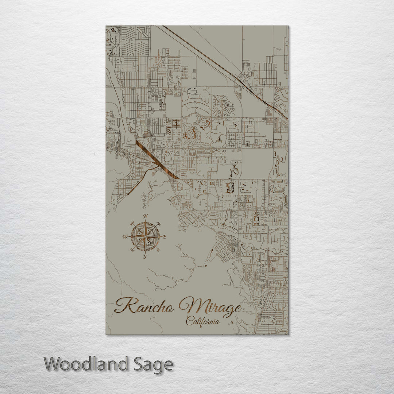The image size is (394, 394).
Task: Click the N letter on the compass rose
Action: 145,216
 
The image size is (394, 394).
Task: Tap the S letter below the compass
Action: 145,257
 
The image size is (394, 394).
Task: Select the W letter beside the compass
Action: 125,237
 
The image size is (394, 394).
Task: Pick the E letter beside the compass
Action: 165,237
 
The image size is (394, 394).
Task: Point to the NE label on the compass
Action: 158,224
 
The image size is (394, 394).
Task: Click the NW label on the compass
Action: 132,224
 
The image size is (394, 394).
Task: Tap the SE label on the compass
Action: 158,250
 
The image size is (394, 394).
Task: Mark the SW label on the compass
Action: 132,250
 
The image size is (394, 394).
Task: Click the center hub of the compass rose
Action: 145,237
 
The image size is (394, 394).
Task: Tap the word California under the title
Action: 202,321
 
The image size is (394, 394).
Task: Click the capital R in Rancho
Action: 123,305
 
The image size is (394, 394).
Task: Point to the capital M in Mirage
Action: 189,305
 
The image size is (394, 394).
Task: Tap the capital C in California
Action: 189,321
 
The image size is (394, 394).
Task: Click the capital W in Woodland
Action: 52,364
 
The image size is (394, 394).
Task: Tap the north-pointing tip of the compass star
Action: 145,221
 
